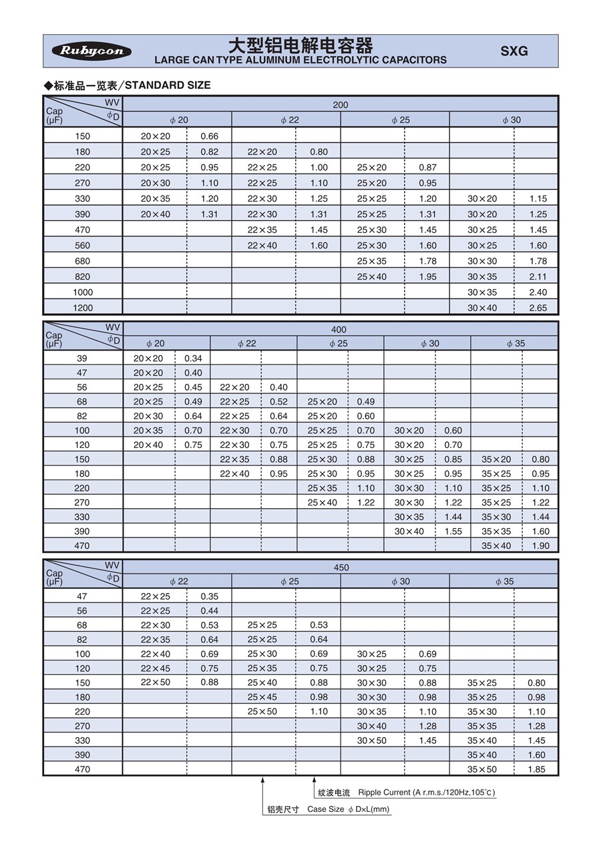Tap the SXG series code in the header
click(x=514, y=51)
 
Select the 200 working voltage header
click(x=341, y=105)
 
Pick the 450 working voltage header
click(x=341, y=568)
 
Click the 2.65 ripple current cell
click(x=538, y=308)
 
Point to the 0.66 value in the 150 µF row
click(x=210, y=136)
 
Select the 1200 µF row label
click(x=83, y=308)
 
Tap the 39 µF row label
click(x=82, y=359)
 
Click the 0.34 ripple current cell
click(x=193, y=359)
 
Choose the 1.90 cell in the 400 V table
click(x=541, y=546)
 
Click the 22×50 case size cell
click(x=156, y=682)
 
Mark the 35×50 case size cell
click(x=482, y=769)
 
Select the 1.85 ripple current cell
click(x=536, y=769)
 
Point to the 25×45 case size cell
click(x=262, y=697)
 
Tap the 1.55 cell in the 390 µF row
click(x=453, y=532)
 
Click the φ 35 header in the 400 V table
click(x=515, y=344)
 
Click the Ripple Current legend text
click(x=427, y=793)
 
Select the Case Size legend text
click(x=348, y=809)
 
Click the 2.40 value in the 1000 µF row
click(x=538, y=292)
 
